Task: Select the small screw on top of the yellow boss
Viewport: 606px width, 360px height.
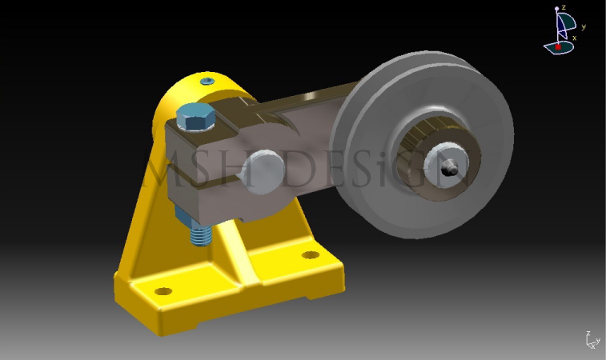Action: point(208,82)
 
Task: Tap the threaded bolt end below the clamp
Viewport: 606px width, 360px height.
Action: point(200,234)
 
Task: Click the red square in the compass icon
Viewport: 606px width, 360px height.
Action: point(558,47)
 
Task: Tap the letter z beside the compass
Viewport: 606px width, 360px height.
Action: point(564,7)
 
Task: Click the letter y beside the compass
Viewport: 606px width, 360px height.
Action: point(584,27)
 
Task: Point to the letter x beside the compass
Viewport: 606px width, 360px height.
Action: point(574,38)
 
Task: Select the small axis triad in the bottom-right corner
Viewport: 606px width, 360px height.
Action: point(591,340)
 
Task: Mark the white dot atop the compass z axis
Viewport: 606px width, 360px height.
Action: point(557,9)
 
